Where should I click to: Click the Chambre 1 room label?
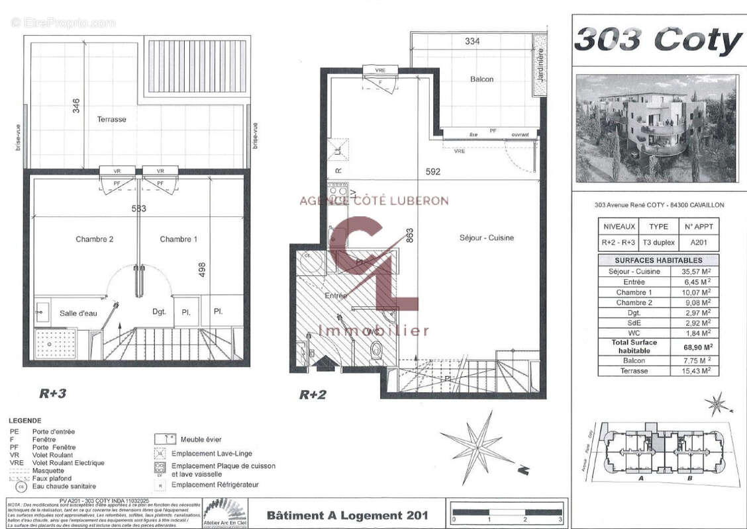point(178,239)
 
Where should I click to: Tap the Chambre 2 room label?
point(94,239)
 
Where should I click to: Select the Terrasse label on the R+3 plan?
point(111,120)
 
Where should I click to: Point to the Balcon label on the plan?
point(481,79)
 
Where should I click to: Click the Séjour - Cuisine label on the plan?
point(487,238)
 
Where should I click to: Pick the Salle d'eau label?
point(78,313)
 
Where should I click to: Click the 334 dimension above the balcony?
point(472,41)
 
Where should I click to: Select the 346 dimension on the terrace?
point(75,106)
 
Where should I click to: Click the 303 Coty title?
point(658,40)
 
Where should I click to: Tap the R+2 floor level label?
point(313,395)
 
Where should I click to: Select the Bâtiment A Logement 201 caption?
point(347,515)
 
